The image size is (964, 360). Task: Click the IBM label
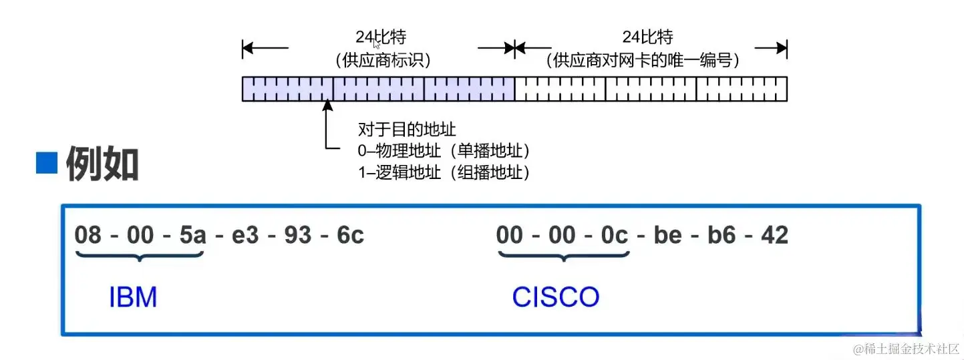pyautogui.click(x=133, y=297)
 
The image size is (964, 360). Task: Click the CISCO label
pyautogui.click(x=555, y=297)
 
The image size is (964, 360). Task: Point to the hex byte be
pyautogui.click(x=667, y=235)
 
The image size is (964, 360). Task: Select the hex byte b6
pyautogui.click(x=721, y=235)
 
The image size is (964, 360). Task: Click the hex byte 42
pyautogui.click(x=774, y=235)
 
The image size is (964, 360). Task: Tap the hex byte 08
pyautogui.click(x=88, y=235)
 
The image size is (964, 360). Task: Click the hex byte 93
pyautogui.click(x=297, y=235)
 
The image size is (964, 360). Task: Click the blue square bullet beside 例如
pyautogui.click(x=47, y=163)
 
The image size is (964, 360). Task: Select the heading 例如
pyautogui.click(x=102, y=165)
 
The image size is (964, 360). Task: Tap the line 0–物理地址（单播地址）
pyautogui.click(x=444, y=150)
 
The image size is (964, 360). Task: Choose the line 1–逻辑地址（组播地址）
pyautogui.click(x=444, y=172)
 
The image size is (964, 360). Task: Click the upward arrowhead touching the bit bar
pyautogui.click(x=327, y=106)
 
